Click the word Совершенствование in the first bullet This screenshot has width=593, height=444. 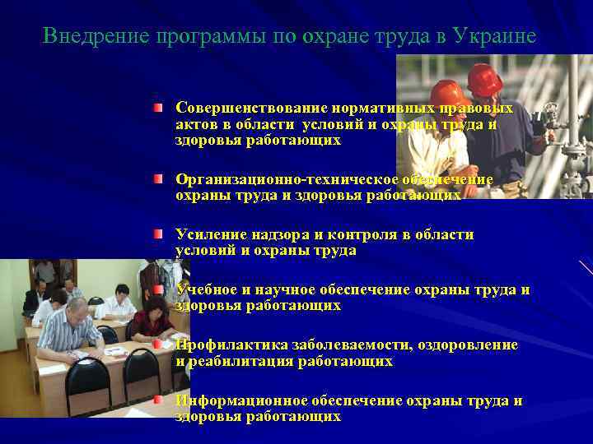(251, 109)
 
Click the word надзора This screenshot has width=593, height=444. (273, 235)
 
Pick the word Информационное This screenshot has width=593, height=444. (241, 400)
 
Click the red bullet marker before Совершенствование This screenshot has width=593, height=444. (157, 109)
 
